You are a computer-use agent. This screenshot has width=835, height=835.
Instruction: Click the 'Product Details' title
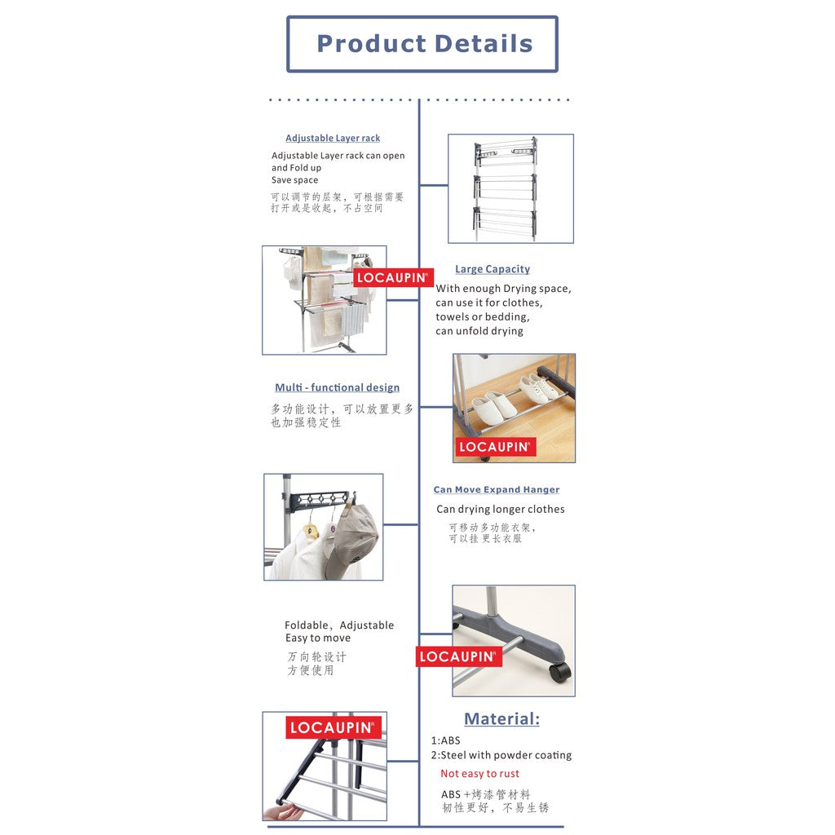pyautogui.click(x=424, y=44)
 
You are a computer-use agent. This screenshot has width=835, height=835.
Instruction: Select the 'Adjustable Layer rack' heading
pyautogui.click(x=333, y=138)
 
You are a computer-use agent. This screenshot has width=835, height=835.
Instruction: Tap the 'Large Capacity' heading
pyautogui.click(x=493, y=269)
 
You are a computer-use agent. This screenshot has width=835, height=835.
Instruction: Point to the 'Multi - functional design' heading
pyautogui.click(x=337, y=387)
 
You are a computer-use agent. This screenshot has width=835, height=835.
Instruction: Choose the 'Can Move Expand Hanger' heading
pyautogui.click(x=497, y=489)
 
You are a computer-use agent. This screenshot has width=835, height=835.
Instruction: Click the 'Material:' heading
pyautogui.click(x=501, y=719)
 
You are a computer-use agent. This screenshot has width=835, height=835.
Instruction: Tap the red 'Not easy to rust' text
pyautogui.click(x=479, y=774)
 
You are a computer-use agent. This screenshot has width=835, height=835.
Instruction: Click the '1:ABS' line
pyautogui.click(x=446, y=740)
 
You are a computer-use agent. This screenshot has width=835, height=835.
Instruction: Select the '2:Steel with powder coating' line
pyautogui.click(x=501, y=755)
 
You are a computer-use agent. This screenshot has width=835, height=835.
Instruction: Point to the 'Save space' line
pyautogui.click(x=294, y=180)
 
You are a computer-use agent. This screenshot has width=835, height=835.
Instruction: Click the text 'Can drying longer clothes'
pyautogui.click(x=501, y=509)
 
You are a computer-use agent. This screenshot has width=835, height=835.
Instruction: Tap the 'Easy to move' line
pyautogui.click(x=318, y=638)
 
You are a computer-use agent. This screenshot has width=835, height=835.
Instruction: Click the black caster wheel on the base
pyautogui.click(x=559, y=672)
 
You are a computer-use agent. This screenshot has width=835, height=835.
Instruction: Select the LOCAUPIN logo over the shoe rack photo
pyautogui.click(x=495, y=447)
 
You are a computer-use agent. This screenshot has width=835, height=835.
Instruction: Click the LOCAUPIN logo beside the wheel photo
pyautogui.click(x=458, y=656)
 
